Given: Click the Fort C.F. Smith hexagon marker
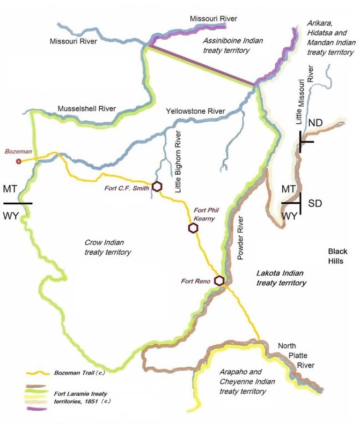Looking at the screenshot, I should tap(157, 187).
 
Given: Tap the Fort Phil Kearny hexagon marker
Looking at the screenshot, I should tap(193, 228).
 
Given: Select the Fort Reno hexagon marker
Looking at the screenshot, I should tap(219, 280).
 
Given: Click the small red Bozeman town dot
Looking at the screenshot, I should tap(19, 161).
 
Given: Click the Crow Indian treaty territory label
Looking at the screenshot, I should tap(107, 246).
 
